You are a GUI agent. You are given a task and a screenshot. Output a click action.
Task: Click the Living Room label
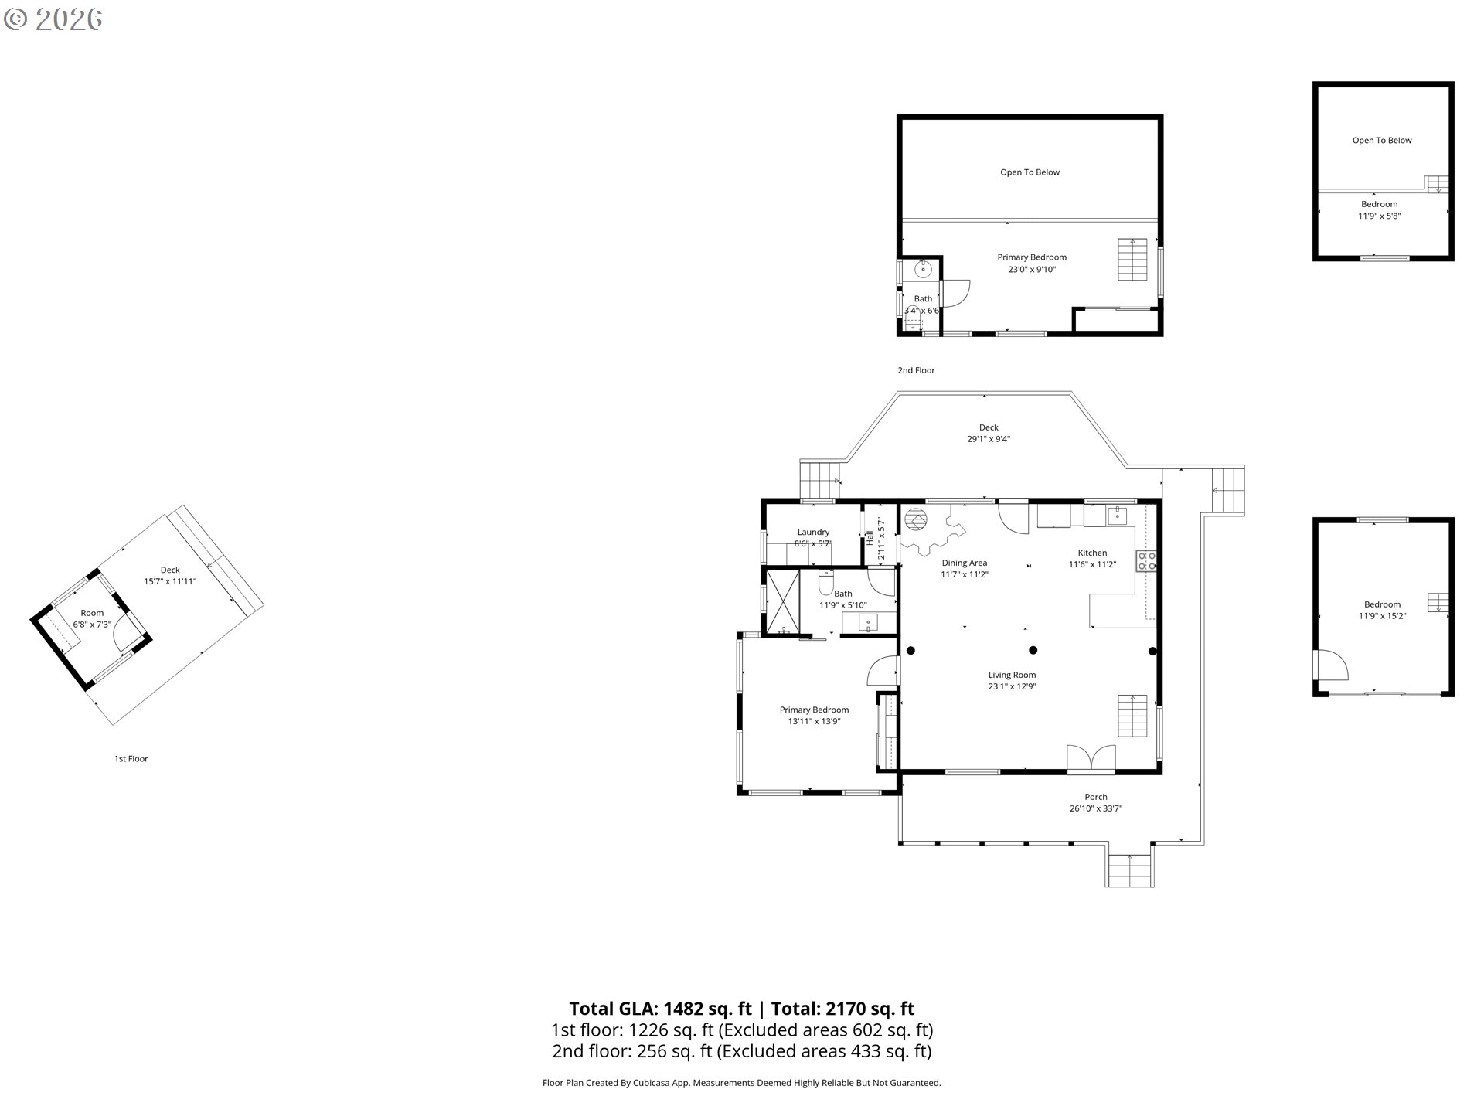[x=1011, y=675]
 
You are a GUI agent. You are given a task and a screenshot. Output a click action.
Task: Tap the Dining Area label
[x=964, y=563]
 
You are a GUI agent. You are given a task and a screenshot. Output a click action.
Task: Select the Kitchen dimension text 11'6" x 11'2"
[x=1091, y=564]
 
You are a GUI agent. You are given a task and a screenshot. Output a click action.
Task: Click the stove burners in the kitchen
[x=1145, y=560]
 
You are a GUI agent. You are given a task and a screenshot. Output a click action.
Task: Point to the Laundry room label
[x=813, y=532]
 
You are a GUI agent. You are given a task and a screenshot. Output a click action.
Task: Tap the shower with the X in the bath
[x=782, y=601]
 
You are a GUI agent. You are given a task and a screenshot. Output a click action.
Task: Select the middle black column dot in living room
[x=1033, y=650]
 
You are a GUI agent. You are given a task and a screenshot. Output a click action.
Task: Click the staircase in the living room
[x=1132, y=716]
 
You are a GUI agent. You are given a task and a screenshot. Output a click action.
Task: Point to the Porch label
[x=1095, y=797]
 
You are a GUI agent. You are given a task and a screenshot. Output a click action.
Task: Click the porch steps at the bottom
[x=1129, y=872]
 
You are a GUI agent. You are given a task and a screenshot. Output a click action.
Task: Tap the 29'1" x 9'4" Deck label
[x=989, y=438]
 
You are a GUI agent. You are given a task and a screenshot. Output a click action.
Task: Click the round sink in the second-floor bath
[x=922, y=269]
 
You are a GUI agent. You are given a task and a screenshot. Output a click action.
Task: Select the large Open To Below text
[x=1030, y=172]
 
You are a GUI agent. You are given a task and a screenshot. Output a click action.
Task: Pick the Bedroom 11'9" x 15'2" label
[x=1382, y=610]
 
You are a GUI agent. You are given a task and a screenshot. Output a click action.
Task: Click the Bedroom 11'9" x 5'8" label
[x=1379, y=210]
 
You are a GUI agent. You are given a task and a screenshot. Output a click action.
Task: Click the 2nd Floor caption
[x=916, y=370]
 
